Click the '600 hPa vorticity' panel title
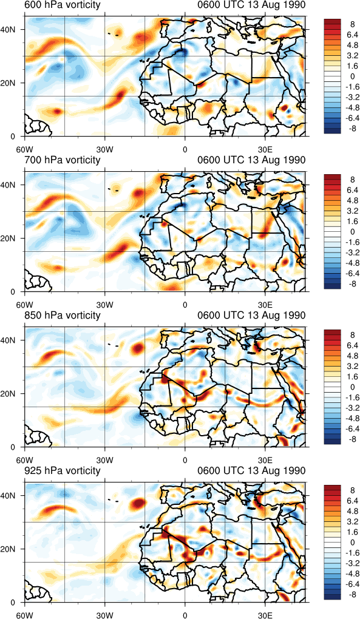(62, 5)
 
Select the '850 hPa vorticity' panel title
(62, 316)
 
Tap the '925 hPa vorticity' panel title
(62, 470)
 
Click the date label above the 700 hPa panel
(251, 160)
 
